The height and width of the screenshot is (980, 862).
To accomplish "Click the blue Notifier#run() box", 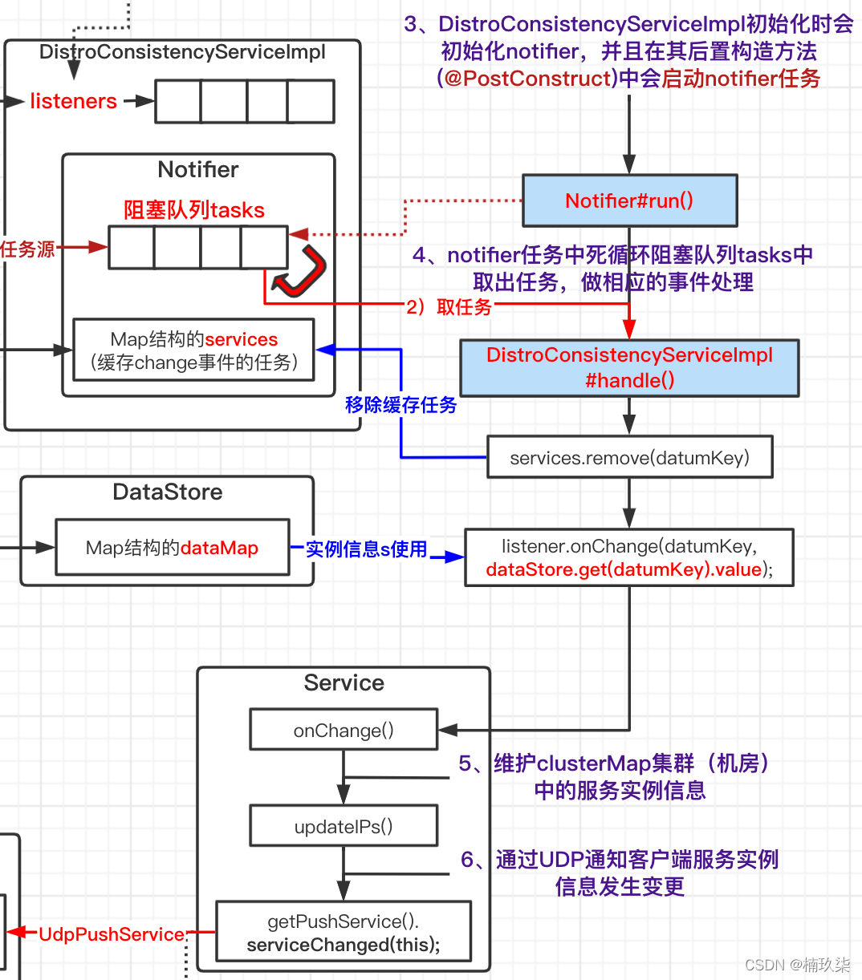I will click(629, 200).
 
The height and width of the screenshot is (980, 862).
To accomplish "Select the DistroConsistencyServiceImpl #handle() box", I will click(629, 368).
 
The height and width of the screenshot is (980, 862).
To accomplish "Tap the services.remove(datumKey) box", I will click(629, 457).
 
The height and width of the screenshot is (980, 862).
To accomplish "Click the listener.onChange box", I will click(629, 557).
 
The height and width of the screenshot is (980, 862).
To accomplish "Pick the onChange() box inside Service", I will click(344, 730).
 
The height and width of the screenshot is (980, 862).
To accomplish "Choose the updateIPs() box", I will click(344, 826).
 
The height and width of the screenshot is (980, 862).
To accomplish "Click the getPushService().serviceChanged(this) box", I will click(344, 933).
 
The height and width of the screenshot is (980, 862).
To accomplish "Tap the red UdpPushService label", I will click(112, 934).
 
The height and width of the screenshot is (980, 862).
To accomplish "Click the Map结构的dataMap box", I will click(172, 548).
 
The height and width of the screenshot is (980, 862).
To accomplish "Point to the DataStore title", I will click(168, 492).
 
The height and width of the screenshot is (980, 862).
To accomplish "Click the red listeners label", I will click(73, 101).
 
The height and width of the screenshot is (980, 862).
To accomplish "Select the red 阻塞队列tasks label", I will click(194, 210).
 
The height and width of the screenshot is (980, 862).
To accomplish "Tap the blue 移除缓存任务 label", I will click(401, 405).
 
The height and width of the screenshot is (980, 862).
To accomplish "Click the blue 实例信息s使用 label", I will click(366, 549).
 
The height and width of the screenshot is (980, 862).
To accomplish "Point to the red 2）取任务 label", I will click(449, 307).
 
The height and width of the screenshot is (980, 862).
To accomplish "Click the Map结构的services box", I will click(193, 350).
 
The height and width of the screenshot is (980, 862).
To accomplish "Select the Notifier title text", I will click(198, 169).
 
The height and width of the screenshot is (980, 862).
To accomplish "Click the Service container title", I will click(344, 682).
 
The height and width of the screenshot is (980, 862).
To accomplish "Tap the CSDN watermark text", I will click(797, 965).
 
